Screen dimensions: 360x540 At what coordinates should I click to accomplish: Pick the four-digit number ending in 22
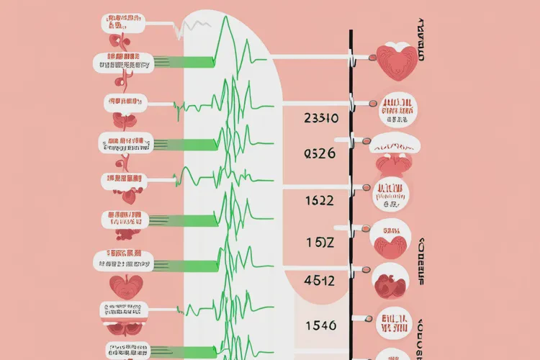click(x=318, y=201)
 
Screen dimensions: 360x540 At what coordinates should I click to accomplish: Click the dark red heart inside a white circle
click(x=391, y=282)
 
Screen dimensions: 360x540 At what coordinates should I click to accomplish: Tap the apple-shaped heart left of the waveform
click(x=127, y=286)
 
